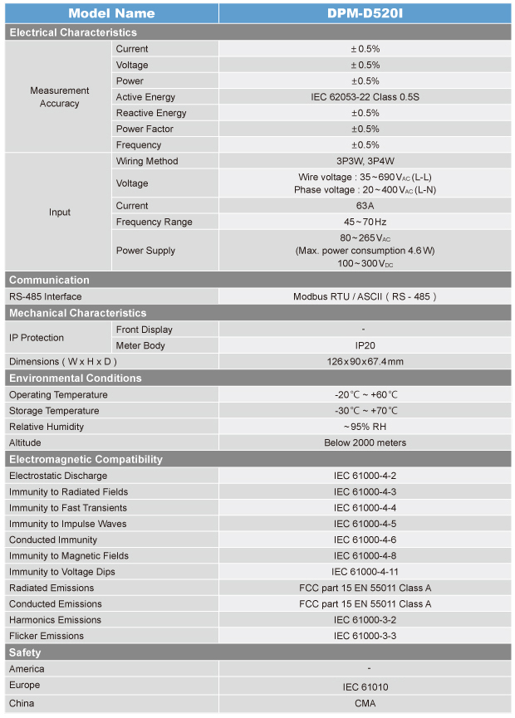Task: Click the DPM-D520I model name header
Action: coord(365,13)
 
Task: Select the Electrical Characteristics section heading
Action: coord(72,32)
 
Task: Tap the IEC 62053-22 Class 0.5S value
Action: coord(365,97)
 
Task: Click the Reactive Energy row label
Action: coord(151,113)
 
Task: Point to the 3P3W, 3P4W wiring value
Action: coord(365,161)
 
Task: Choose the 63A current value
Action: coord(365,206)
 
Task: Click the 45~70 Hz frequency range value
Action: coord(365,222)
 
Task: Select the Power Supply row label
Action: coord(145,251)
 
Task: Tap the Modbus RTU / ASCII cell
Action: coord(365,296)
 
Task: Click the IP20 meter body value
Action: coord(365,345)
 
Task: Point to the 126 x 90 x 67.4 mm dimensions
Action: coord(365,362)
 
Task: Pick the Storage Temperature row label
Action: coord(54,411)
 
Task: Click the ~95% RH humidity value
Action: coord(365,427)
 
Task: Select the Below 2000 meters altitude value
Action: coord(365,442)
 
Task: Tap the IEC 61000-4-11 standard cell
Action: coord(365,572)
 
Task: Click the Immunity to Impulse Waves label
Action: coord(68,524)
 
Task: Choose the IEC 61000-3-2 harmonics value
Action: coord(365,620)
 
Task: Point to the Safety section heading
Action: coord(25,652)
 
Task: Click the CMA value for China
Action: coord(365,704)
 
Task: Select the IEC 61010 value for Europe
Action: coord(365,687)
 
